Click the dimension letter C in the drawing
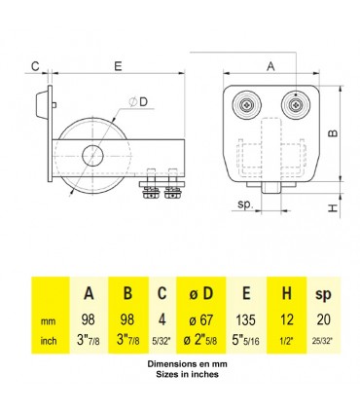point(34,66)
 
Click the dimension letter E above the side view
point(117,66)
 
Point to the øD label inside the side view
point(141,102)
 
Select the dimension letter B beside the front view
point(332,130)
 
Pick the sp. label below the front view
point(245,206)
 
